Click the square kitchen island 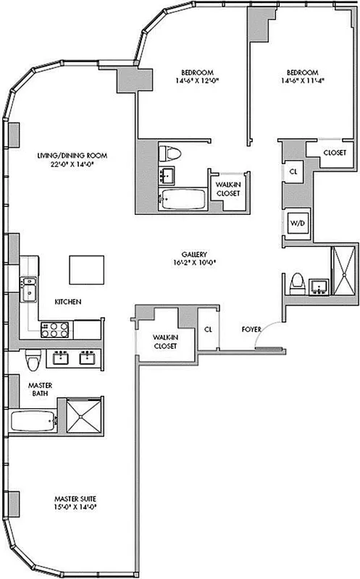[83, 270]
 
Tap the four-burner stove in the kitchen [54, 329]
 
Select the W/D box [298, 224]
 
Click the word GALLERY [196, 255]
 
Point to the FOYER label [252, 330]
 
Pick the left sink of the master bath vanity [61, 357]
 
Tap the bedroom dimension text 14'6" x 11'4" [301, 82]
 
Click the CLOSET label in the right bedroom [332, 153]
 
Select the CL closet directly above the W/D [293, 172]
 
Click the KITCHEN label [68, 301]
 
